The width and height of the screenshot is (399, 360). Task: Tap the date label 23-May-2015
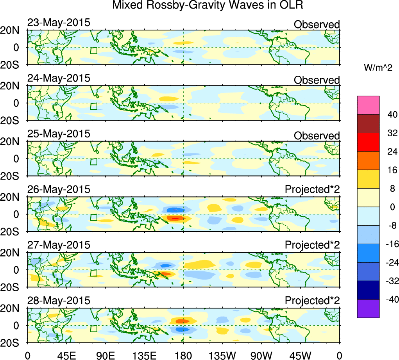coord(59,23)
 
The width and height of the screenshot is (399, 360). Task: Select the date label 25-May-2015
coord(59,134)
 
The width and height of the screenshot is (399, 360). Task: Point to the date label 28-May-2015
coord(59,301)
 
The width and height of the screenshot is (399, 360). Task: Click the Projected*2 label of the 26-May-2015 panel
coord(312,190)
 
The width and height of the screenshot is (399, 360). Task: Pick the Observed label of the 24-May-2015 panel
coord(317,80)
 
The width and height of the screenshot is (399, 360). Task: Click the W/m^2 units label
coord(378,68)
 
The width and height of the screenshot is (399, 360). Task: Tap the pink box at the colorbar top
coord(368,105)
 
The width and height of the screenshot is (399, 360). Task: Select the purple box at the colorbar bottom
coord(368,308)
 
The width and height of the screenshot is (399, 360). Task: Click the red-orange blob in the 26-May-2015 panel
coord(175,218)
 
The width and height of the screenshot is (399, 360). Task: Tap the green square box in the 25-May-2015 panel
coord(94,162)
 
